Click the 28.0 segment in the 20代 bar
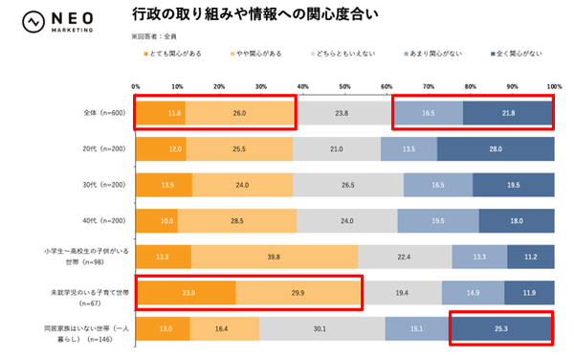(495, 150)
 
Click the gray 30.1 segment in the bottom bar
(320, 328)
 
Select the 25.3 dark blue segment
(500, 328)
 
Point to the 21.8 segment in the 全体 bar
(508, 113)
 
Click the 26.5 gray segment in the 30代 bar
(347, 185)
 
